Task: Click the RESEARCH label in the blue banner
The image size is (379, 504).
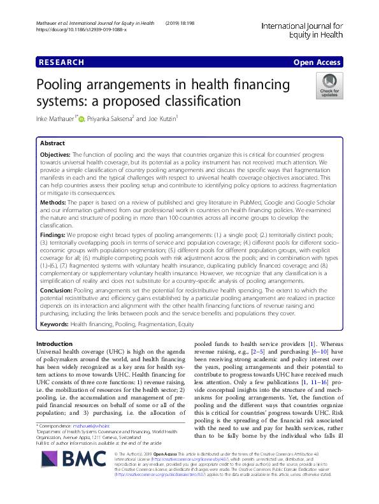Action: coord(61,62)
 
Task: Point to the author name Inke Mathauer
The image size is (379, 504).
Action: coord(56,119)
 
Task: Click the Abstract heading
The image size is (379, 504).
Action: coord(52,143)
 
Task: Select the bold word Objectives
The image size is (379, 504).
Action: coord(56,155)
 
